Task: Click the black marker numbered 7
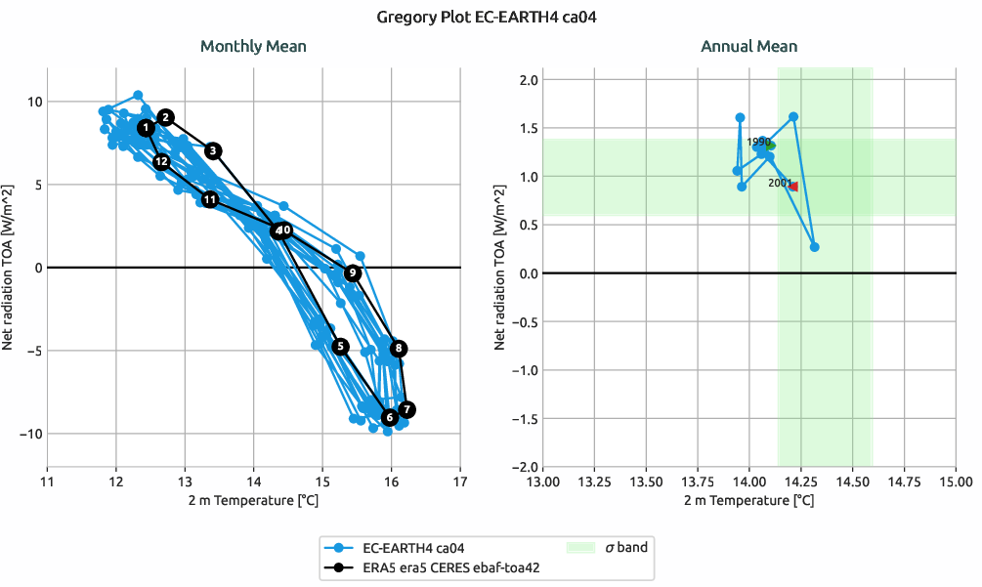click(x=407, y=409)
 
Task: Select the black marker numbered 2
click(x=166, y=117)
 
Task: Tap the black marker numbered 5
click(x=340, y=347)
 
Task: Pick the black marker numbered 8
click(x=399, y=349)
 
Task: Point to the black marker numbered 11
click(x=209, y=199)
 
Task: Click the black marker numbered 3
click(x=214, y=150)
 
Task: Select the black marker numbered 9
click(x=353, y=273)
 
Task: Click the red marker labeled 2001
click(x=793, y=187)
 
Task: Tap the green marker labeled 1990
click(x=770, y=146)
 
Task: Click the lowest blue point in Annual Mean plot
click(x=815, y=247)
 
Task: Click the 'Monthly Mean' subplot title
click(x=253, y=46)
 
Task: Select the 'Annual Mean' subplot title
click(x=748, y=46)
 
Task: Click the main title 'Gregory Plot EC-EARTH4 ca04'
click(x=491, y=17)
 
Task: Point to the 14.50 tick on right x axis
click(x=853, y=482)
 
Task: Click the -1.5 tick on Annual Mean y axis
click(x=525, y=419)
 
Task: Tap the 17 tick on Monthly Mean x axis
click(x=460, y=482)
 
